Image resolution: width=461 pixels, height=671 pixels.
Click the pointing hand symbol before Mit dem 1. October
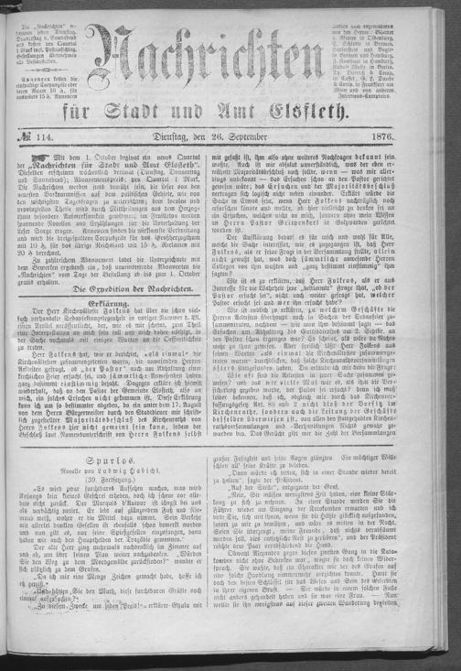coord(43,186)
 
